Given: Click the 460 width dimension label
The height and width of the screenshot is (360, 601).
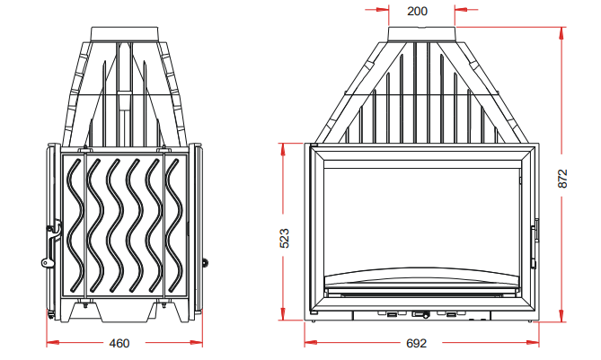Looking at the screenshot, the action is [119, 343].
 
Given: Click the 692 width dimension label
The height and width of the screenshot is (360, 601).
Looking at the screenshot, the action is [416, 343].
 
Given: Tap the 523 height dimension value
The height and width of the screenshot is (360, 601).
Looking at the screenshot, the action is [285, 238].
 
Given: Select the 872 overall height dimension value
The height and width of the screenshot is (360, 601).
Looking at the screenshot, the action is [562, 179].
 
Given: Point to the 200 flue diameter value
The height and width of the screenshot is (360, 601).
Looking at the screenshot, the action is [418, 11].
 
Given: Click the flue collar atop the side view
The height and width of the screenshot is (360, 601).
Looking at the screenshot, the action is [124, 34].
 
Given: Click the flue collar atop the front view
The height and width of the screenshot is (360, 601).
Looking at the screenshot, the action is [422, 34].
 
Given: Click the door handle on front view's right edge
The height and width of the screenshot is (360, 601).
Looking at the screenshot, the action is [535, 243].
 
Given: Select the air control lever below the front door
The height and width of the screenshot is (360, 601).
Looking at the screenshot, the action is [420, 315].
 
